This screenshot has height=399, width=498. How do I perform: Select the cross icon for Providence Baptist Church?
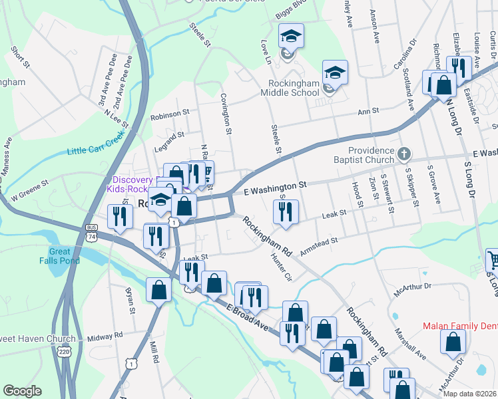[403, 155]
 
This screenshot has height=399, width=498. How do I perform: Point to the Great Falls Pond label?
[64, 256]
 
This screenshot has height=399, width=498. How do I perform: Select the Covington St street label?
[226, 114]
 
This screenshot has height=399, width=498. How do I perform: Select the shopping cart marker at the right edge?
[493, 260]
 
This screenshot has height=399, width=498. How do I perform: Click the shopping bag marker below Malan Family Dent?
[453, 342]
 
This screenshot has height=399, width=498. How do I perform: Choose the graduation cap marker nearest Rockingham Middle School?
[335, 72]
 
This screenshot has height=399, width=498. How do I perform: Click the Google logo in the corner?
[22, 390]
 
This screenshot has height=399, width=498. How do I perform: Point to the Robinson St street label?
[171, 115]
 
